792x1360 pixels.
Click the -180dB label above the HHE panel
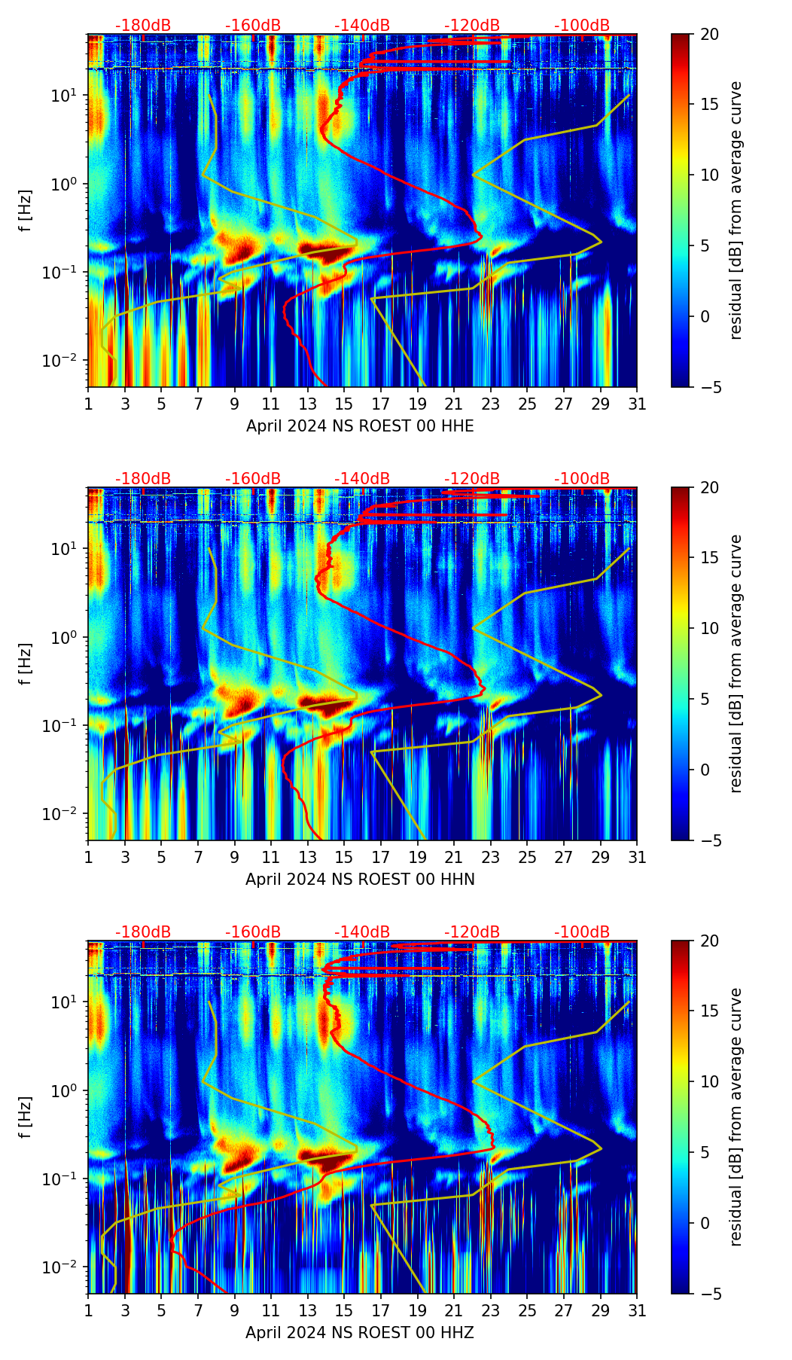[143, 26]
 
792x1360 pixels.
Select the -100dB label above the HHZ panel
[582, 932]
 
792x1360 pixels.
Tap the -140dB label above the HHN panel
[362, 479]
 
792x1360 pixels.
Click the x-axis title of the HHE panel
[360, 426]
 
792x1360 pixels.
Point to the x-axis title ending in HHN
[360, 880]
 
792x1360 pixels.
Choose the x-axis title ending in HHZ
[360, 1333]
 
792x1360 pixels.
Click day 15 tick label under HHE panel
[344, 404]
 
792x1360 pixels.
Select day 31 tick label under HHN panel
[636, 858]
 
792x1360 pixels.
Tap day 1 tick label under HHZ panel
[88, 1311]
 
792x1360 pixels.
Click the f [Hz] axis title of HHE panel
[26, 210]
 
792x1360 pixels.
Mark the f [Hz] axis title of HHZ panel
[26, 1117]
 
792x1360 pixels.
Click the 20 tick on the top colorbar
[710, 34]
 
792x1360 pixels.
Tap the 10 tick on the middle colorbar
[710, 628]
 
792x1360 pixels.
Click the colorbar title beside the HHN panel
[736, 663]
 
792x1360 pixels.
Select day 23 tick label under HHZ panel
[490, 1311]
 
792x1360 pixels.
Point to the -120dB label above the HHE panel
[472, 26]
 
